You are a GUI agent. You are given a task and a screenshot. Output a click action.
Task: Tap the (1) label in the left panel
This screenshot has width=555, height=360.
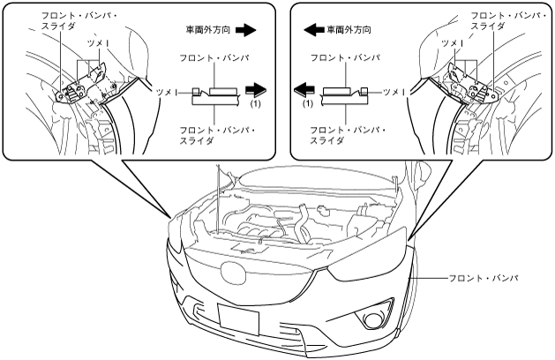coord(255,104)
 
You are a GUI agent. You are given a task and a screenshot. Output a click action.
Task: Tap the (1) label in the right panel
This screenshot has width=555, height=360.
coord(308,104)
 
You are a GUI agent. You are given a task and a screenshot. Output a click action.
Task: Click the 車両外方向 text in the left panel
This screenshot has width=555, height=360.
coord(208,30)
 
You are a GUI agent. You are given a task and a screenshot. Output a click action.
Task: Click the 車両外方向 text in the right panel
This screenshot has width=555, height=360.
coord(349,30)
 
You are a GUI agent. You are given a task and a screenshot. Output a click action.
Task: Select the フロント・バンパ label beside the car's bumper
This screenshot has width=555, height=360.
coord(484,278)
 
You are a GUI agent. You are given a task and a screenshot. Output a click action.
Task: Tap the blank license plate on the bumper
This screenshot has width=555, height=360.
coord(238,319)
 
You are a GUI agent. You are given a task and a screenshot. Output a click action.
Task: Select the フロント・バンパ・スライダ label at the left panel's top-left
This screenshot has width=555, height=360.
coord(80,21)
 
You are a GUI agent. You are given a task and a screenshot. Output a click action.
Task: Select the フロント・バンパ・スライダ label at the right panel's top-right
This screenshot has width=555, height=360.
coord(508,21)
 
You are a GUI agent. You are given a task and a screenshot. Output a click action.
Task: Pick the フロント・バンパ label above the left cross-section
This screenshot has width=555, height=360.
coord(214,57)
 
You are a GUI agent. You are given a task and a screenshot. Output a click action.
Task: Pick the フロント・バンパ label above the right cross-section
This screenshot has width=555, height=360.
coord(345,57)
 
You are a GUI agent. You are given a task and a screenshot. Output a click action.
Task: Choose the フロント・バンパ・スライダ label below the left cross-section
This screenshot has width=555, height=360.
coord(218,136)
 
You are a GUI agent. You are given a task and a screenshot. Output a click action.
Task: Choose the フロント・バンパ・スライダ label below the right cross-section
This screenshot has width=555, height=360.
coord(349,136)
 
